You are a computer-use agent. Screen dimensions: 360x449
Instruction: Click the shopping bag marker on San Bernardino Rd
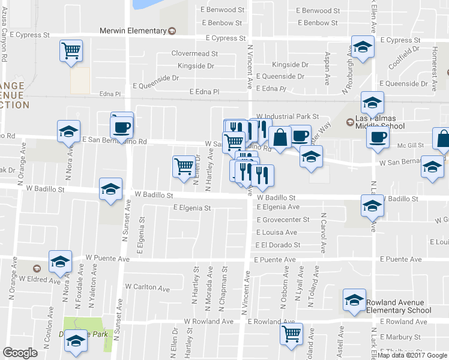coord(280,137)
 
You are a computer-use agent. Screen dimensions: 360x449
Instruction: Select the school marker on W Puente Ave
coord(60,261)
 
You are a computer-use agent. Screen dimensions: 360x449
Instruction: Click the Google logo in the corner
coord(20,353)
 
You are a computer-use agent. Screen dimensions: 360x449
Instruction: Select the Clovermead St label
coord(194,53)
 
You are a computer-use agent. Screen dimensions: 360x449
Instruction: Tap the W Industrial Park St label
coord(286,116)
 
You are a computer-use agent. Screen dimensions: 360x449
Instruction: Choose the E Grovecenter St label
coord(283,220)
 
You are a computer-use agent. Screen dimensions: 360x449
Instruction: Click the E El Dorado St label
coord(277,245)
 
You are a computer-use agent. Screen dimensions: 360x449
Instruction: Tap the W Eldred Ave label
coord(40,279)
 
